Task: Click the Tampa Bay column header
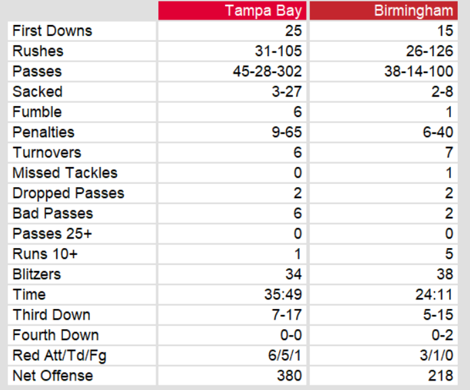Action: [264, 11]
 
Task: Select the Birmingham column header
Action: [413, 11]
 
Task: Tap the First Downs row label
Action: [52, 31]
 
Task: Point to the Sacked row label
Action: [37, 92]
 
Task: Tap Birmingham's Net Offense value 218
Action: [440, 376]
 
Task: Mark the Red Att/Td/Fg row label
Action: [60, 356]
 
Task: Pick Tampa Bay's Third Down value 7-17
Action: [285, 315]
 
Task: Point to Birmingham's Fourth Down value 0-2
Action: [440, 335]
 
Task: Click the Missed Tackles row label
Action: [65, 173]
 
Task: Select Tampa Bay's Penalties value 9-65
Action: [285, 132]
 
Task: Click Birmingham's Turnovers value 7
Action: [448, 153]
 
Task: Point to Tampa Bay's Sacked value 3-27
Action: [285, 92]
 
